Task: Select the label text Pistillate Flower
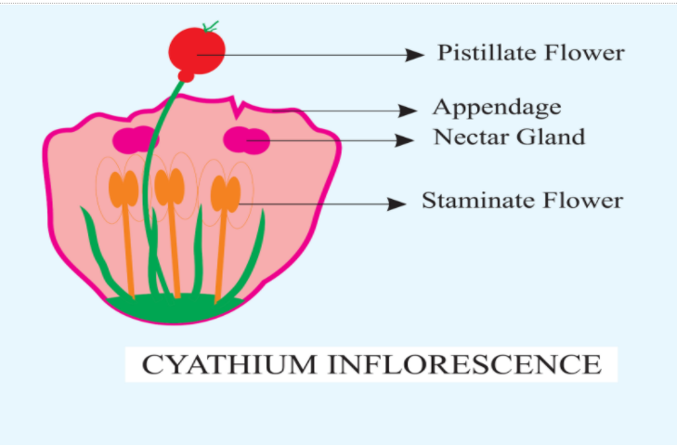point(530,53)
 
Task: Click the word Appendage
point(497,107)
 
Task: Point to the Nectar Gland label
point(509,138)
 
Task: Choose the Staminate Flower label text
point(522,201)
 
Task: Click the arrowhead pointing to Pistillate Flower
point(415,55)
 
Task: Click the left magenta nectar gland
point(135,140)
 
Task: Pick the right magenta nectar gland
point(247,140)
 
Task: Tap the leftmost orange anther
point(123,189)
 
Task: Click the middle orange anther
point(169,187)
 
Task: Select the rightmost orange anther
point(226,193)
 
